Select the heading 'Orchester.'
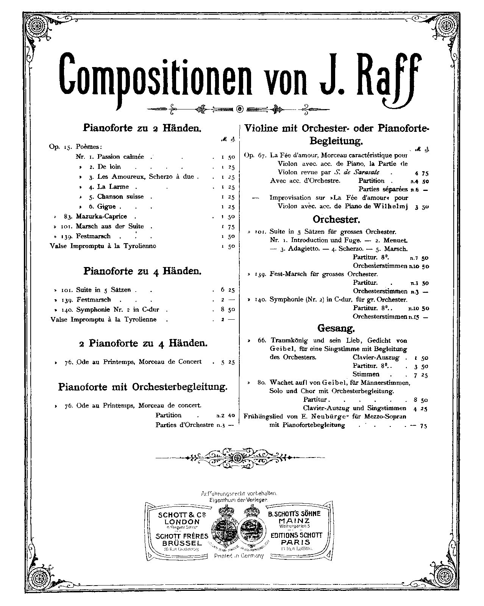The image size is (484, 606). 336,220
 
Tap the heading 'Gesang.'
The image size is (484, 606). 336,328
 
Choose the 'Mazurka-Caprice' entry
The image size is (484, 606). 101,216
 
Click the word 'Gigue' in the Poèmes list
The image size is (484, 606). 106,207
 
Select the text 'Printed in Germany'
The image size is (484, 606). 239,556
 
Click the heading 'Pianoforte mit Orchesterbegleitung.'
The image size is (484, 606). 143,387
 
